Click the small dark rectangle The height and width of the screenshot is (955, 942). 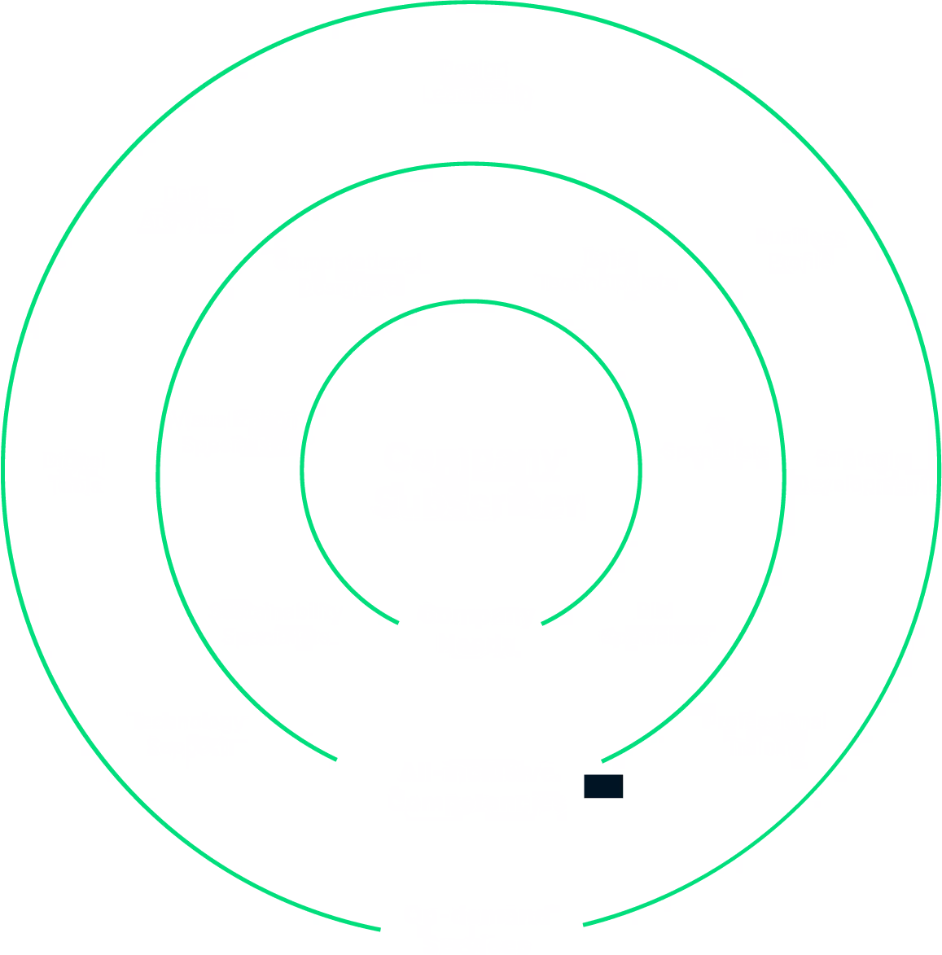point(603,786)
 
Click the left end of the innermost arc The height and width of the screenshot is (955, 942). point(398,623)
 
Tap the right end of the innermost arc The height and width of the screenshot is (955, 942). point(542,624)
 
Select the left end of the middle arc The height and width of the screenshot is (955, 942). point(337,760)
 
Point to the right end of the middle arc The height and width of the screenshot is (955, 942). point(602,762)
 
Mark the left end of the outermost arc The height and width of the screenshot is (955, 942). point(380,929)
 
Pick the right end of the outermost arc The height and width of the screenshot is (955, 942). point(583,925)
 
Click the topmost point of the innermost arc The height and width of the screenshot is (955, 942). point(471,301)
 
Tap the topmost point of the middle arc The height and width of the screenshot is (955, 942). point(471,164)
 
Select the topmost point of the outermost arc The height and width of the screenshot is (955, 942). point(471,4)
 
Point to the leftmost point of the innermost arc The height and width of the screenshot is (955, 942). point(302,471)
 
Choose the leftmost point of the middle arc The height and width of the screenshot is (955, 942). point(159,476)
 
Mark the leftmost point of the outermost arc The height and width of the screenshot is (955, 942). point(4,471)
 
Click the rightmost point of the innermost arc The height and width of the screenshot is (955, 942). point(640,471)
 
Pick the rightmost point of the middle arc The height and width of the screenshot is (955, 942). point(783,476)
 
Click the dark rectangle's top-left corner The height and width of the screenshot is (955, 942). point(584,775)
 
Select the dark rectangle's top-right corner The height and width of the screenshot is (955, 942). point(624,775)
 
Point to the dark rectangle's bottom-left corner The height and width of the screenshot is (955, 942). point(584,798)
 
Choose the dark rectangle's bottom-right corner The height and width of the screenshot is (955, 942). point(624,798)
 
